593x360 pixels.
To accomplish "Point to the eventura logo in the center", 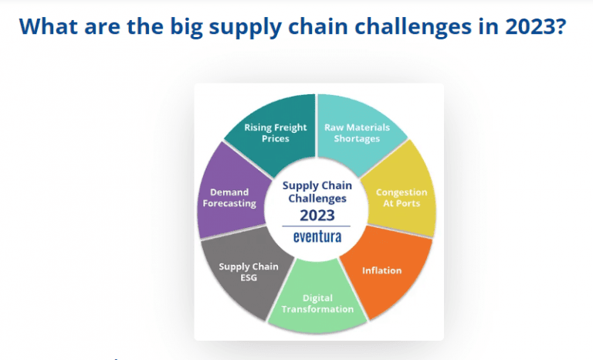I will tap(317, 237).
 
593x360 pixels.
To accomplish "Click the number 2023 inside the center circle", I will tap(317, 214).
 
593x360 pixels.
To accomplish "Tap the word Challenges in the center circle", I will tap(317, 198).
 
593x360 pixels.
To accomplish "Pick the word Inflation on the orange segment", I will tap(382, 270).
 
